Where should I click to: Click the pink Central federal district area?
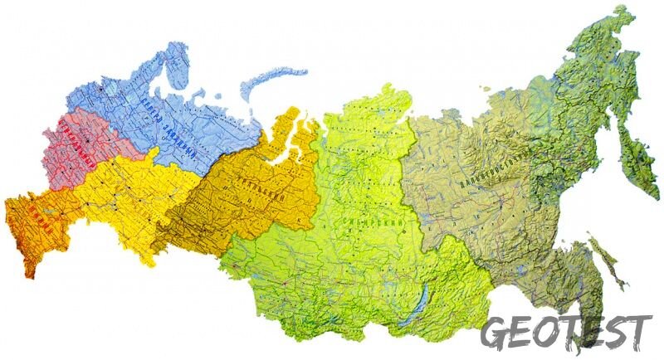click(x=79, y=149)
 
